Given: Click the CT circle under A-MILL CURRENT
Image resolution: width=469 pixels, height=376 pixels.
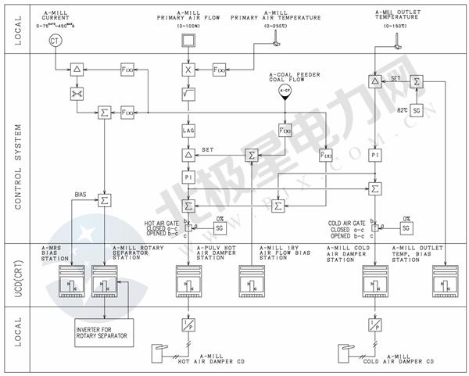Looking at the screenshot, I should click(x=54, y=40).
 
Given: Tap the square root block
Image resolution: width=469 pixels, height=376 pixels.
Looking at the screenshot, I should click(x=188, y=95).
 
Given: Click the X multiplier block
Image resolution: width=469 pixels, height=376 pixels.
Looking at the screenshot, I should click(x=188, y=70).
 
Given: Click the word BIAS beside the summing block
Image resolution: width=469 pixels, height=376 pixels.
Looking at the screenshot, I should click(x=81, y=192).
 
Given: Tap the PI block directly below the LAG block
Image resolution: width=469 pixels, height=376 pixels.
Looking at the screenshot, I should click(x=188, y=178).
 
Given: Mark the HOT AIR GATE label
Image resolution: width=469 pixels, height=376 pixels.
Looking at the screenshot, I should click(x=162, y=222).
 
